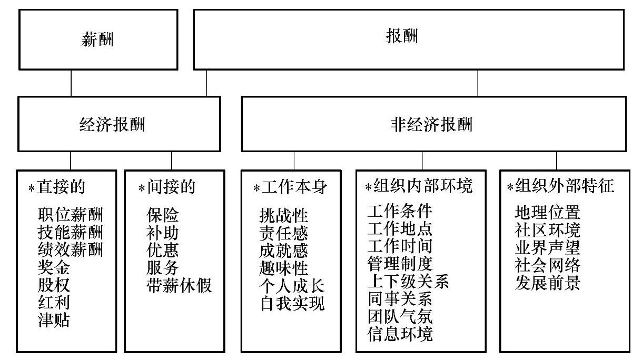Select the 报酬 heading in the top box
(402, 37)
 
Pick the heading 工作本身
(295, 187)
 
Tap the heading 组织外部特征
(565, 186)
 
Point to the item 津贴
(54, 320)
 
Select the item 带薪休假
(179, 285)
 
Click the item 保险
(163, 215)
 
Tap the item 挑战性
(284, 215)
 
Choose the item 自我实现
(292, 303)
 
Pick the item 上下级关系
(408, 282)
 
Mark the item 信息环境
(400, 334)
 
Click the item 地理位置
(547, 213)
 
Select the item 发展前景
(547, 283)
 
